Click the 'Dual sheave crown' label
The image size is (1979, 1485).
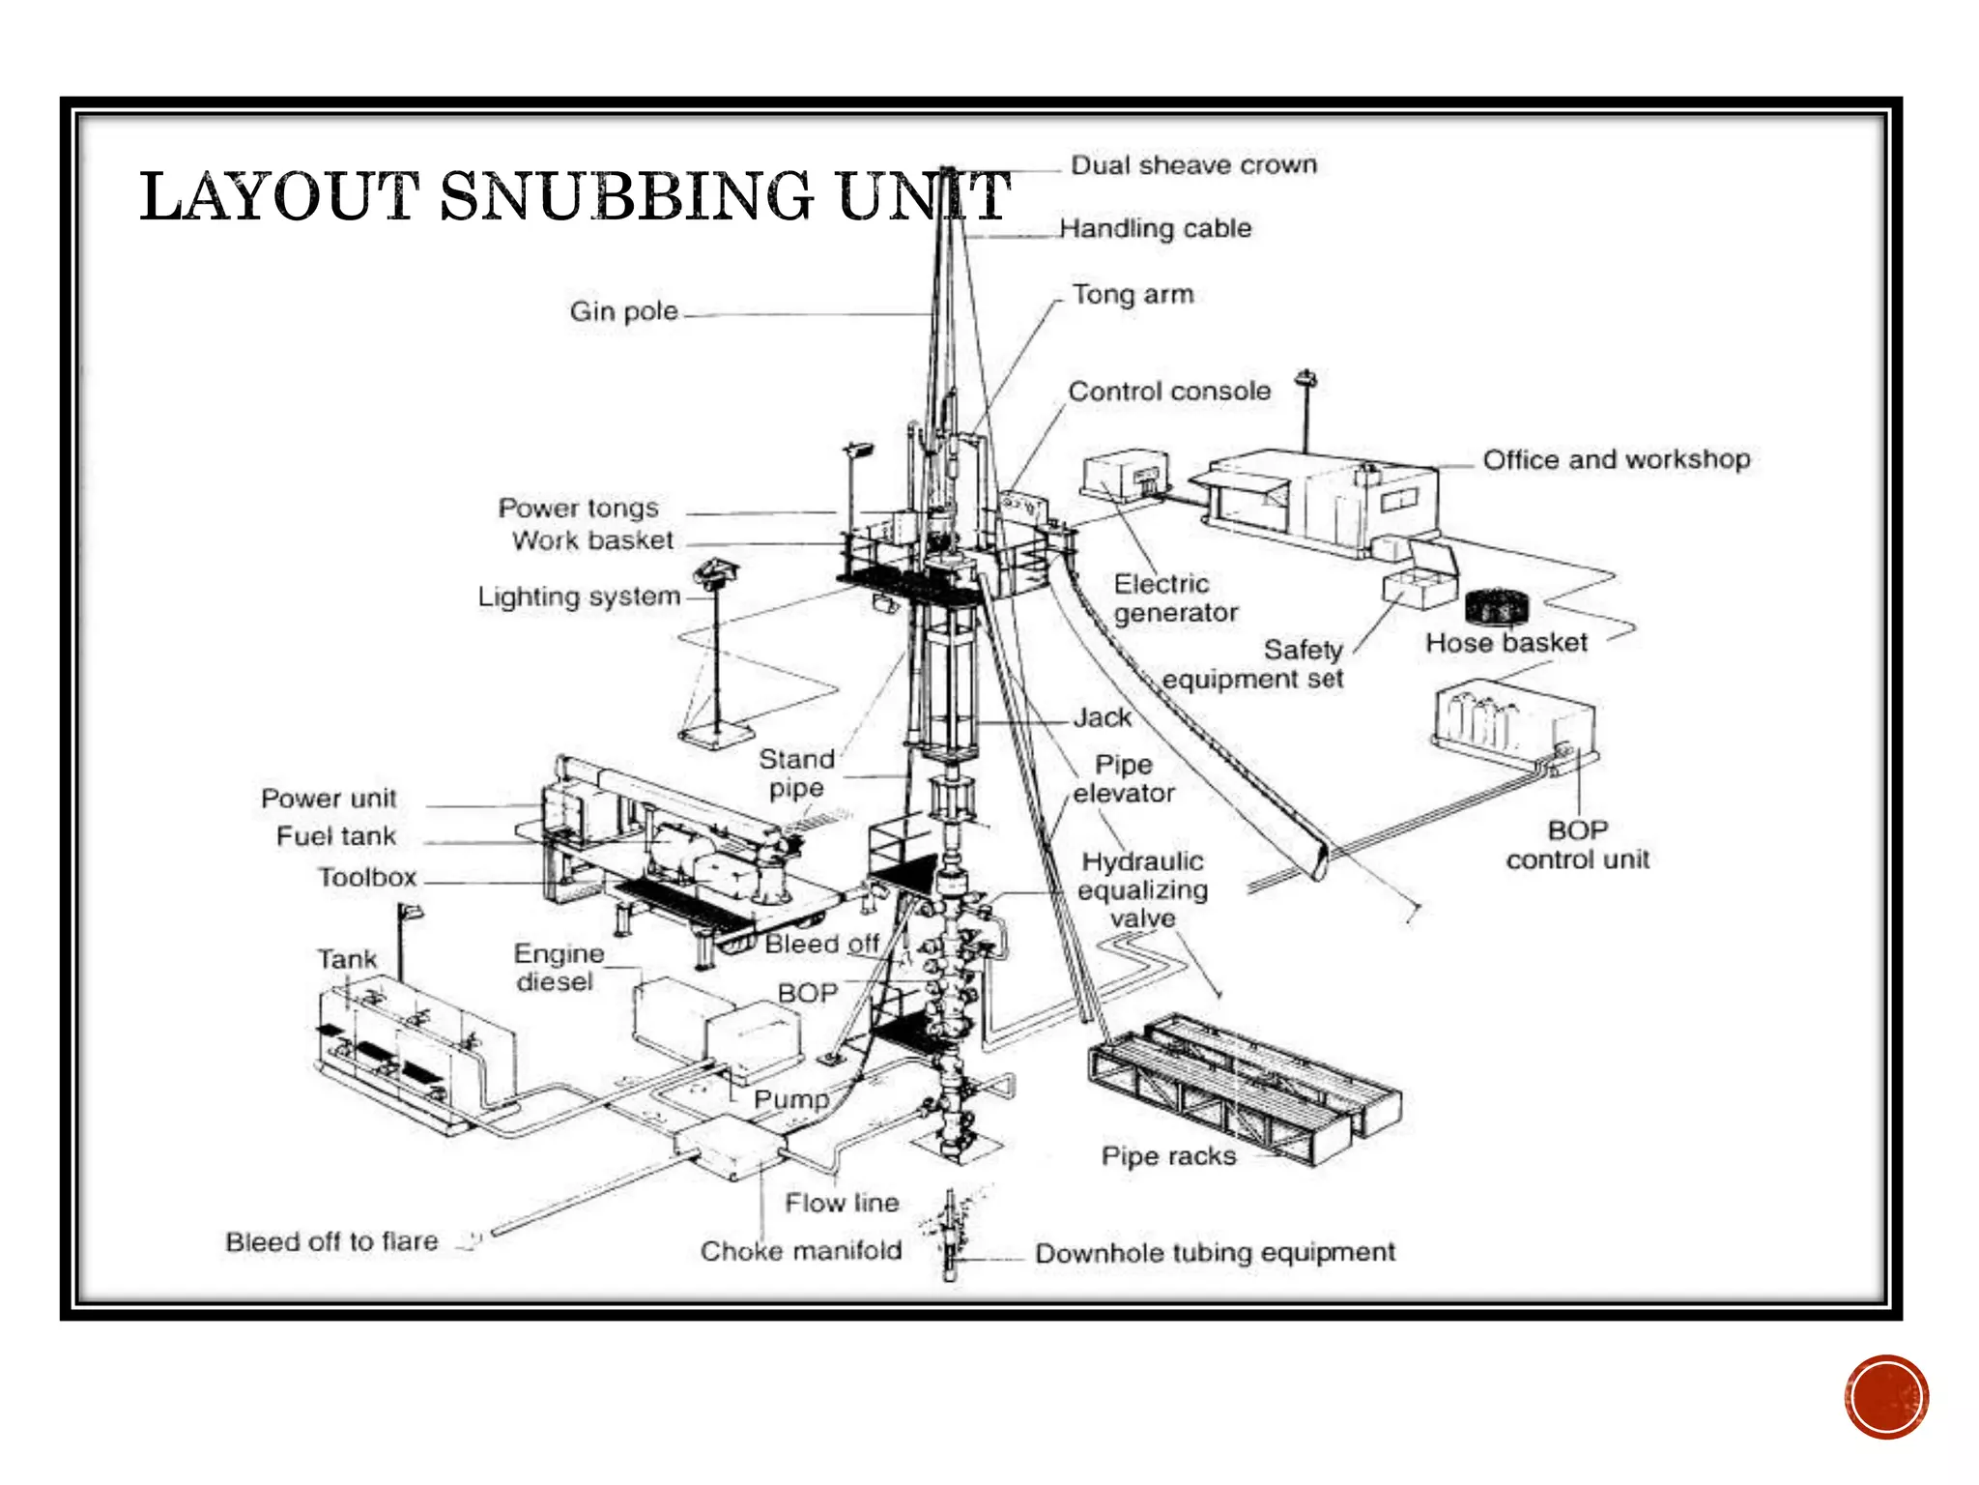pos(1193,165)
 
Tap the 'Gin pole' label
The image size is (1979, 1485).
pos(623,311)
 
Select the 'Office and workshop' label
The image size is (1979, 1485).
pos(1616,459)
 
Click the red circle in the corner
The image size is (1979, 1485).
pos(1885,1396)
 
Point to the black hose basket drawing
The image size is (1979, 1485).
pos(1497,607)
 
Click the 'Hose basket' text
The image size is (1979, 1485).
pos(1506,643)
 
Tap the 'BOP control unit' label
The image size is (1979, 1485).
pos(1577,845)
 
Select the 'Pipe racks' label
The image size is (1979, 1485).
pos(1168,1156)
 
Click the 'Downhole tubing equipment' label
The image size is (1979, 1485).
pos(1215,1253)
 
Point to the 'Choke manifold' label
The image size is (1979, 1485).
pos(801,1251)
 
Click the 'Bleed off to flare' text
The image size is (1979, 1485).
pos(331,1241)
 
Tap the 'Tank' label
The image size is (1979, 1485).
pos(347,959)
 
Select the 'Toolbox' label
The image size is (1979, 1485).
pos(367,878)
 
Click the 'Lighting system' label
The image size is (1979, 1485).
pos(579,597)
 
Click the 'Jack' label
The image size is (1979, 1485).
pos(1102,717)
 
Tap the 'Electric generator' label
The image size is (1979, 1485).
pos(1174,598)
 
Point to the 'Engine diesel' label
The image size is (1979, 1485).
pos(558,968)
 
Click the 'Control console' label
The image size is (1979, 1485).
pos(1169,392)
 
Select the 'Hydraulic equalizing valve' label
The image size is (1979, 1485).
pos(1142,889)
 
